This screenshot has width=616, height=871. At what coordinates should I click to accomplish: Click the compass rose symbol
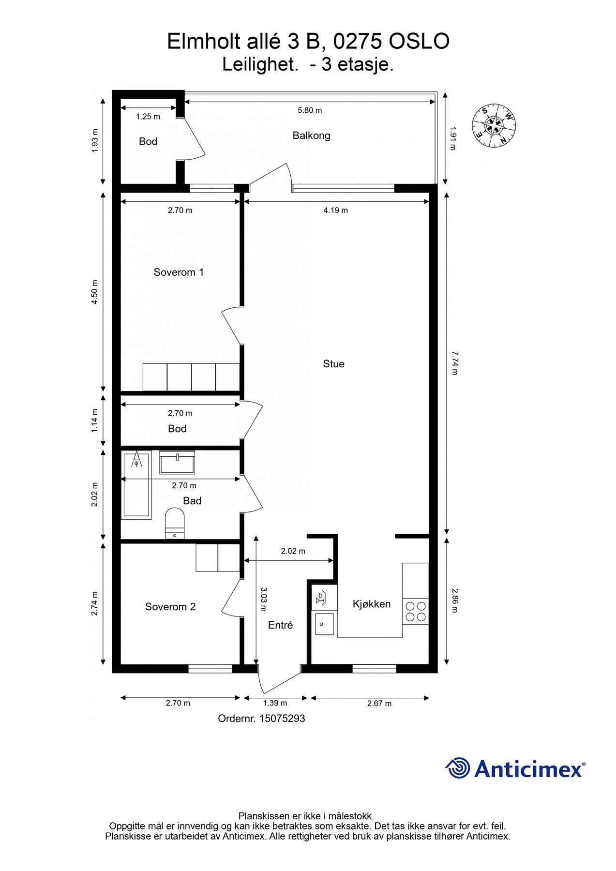pyautogui.click(x=494, y=125)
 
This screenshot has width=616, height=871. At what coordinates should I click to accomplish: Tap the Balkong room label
pyautogui.click(x=311, y=135)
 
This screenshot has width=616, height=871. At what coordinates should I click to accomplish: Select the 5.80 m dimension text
pyautogui.click(x=310, y=110)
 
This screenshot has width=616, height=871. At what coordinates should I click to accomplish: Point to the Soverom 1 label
pyautogui.click(x=179, y=272)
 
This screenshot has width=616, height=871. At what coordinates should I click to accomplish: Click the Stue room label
pyautogui.click(x=333, y=364)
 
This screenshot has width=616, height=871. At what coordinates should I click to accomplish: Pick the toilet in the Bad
pyautogui.click(x=175, y=523)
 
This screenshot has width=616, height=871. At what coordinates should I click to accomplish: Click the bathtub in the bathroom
pyautogui.click(x=136, y=484)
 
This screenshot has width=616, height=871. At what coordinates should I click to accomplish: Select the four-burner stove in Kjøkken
pyautogui.click(x=415, y=611)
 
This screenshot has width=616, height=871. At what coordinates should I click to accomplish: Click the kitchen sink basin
pyautogui.click(x=324, y=624)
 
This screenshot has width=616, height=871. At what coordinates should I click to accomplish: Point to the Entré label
pyautogui.click(x=280, y=625)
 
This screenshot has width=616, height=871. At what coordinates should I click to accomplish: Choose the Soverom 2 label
pyautogui.click(x=170, y=607)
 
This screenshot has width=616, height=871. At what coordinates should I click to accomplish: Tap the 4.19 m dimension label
pyautogui.click(x=335, y=210)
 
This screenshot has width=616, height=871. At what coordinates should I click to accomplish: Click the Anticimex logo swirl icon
pyautogui.click(x=457, y=768)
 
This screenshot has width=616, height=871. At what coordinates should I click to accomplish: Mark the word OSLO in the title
pyautogui.click(x=419, y=42)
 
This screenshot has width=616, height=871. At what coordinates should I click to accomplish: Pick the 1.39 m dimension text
pyautogui.click(x=275, y=703)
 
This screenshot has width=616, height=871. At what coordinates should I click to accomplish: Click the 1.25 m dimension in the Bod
pyautogui.click(x=148, y=117)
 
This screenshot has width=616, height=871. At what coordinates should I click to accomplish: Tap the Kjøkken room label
pyautogui.click(x=372, y=604)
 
